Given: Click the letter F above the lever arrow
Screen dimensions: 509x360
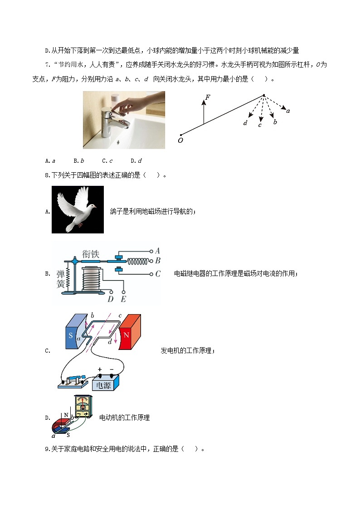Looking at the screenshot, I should pyautogui.click(x=207, y=97).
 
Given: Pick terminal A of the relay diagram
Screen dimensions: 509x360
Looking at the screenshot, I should pyautogui.click(x=157, y=251).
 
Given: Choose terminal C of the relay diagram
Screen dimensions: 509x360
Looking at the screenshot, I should pyautogui.click(x=157, y=274).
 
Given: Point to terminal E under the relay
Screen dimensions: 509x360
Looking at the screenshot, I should pyautogui.click(x=123, y=299).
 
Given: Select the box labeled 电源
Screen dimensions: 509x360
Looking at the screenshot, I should pyautogui.click(x=105, y=384).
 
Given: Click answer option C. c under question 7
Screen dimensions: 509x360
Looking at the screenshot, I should pyautogui.click(x=107, y=160).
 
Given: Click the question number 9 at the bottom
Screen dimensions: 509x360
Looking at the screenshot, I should pyautogui.click(x=47, y=449).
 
